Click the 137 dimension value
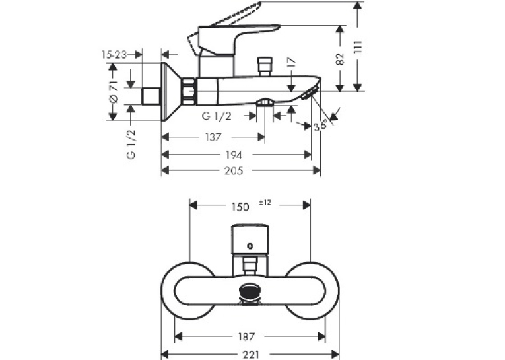213,137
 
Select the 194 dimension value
234,155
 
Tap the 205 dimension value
234,171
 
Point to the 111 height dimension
359,47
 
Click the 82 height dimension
340,59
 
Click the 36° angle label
321,125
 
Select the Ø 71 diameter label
114,92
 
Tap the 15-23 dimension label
114,55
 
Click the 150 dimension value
240,207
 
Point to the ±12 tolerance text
265,203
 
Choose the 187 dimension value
246,337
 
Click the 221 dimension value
250,355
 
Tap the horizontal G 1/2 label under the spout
216,116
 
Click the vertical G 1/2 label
131,145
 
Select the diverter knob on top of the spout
265,67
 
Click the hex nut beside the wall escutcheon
189,92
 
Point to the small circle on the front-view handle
250,246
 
